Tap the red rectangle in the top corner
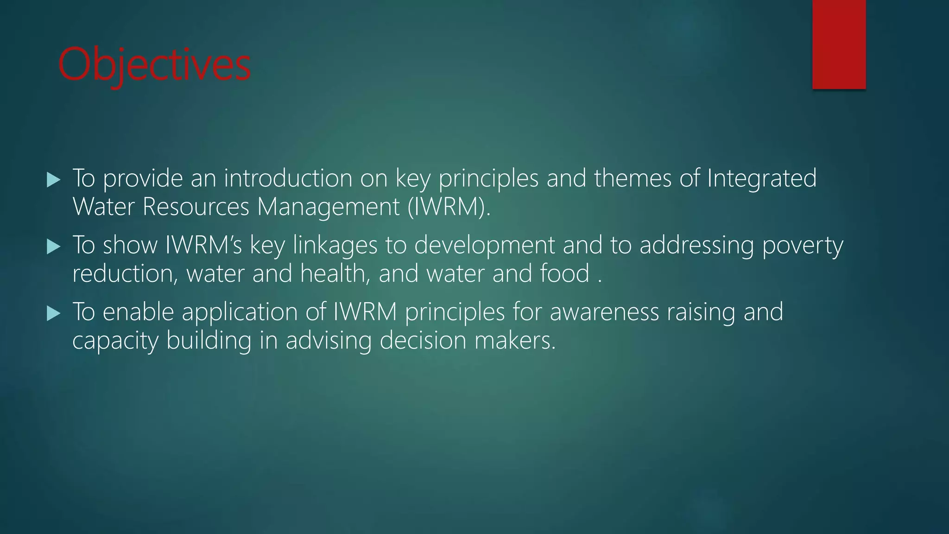tap(839, 44)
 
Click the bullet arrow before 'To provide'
tap(54, 180)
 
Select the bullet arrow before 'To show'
tap(54, 247)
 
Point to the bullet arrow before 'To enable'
tap(54, 313)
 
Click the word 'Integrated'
tap(761, 178)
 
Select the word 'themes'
tap(633, 178)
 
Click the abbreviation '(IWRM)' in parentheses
tap(449, 207)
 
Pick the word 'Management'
tap(328, 207)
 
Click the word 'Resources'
tap(196, 207)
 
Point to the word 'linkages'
tap(335, 245)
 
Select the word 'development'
tap(484, 245)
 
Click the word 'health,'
tap(335, 273)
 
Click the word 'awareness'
tap(604, 312)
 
